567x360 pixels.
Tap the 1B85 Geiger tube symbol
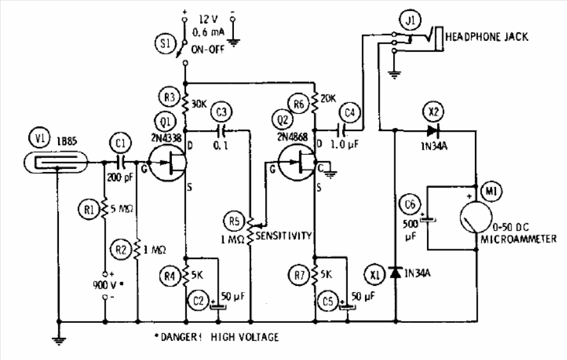click(56, 162)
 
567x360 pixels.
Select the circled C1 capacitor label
click(121, 144)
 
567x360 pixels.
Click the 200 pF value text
click(120, 177)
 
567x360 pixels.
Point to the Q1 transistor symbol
click(167, 162)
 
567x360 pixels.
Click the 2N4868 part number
click(293, 137)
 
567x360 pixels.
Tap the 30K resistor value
click(199, 104)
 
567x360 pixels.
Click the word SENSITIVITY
click(284, 236)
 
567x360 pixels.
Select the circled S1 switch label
click(166, 43)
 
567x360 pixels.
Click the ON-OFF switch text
click(208, 49)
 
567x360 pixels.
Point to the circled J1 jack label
click(410, 20)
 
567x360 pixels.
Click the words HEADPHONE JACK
click(486, 37)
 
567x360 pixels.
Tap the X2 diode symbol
click(433, 130)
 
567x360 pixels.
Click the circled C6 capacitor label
click(410, 205)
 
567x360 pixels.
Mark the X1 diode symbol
click(396, 272)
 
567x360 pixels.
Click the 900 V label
click(105, 285)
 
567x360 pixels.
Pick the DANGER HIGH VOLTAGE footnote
click(217, 337)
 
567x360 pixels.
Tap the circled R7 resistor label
click(299, 276)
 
